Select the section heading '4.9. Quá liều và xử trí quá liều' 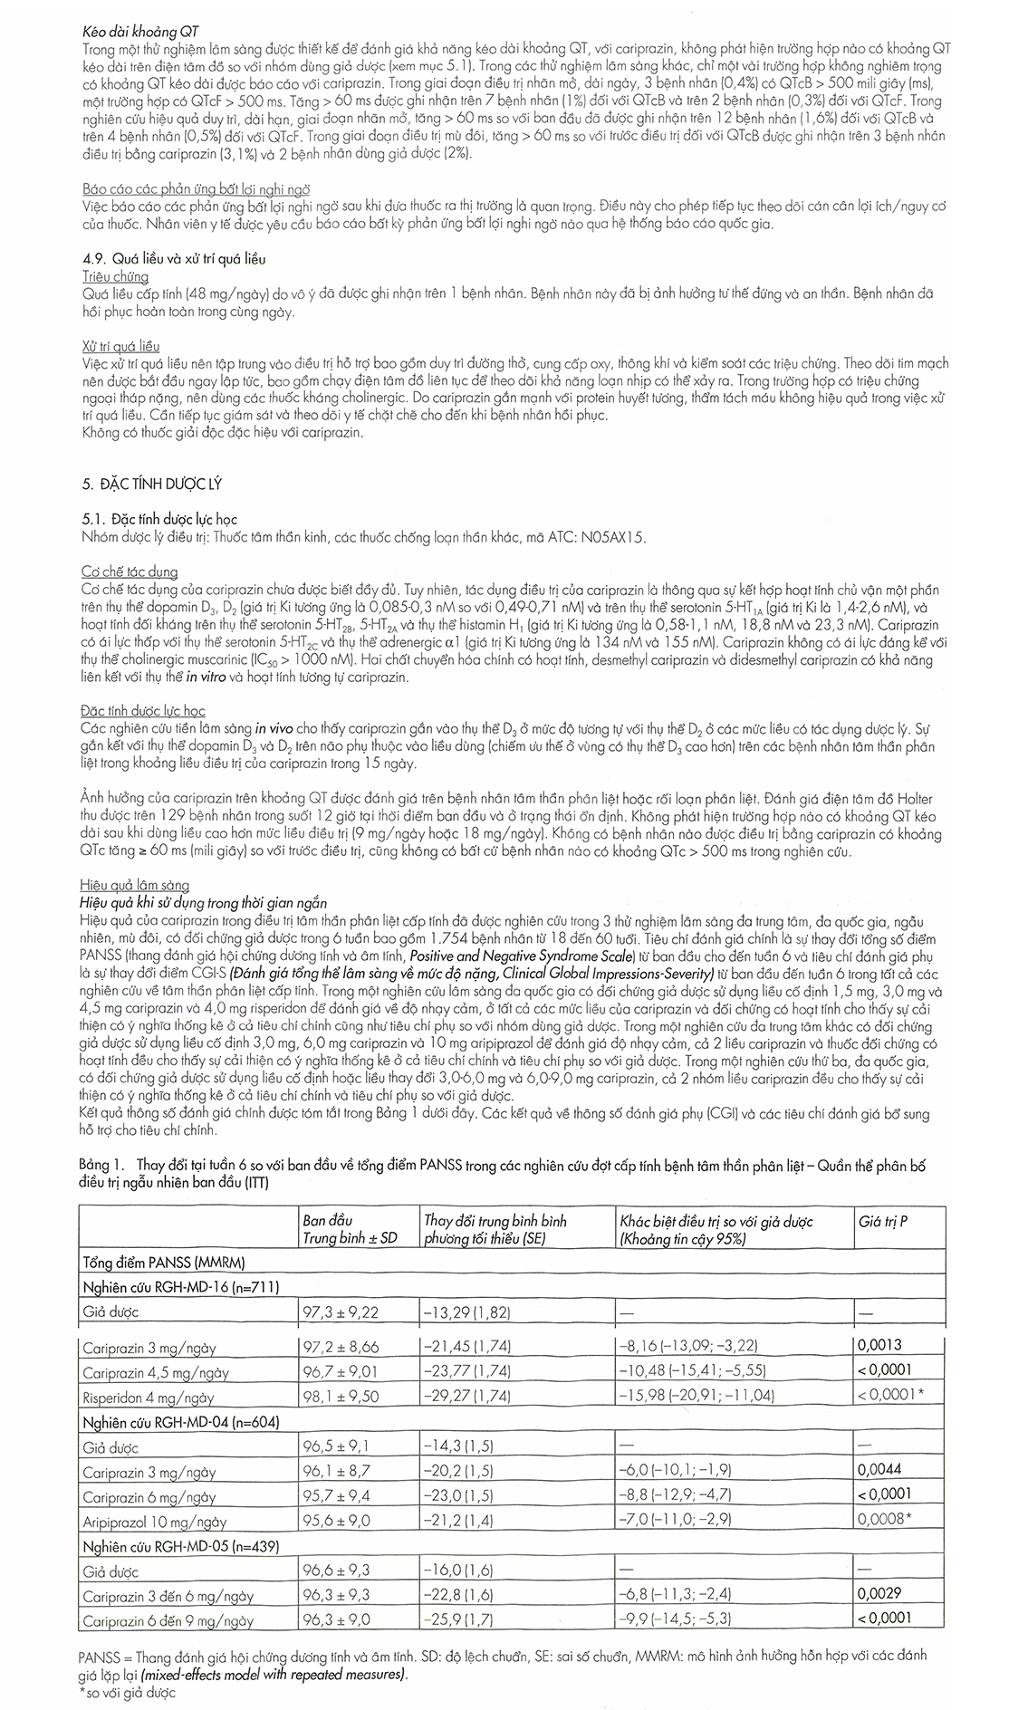(x=173, y=258)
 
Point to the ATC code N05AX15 (x=611, y=536)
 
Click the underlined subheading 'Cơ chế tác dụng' (x=130, y=572)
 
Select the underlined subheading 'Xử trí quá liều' (x=120, y=346)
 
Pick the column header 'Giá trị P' (x=883, y=1221)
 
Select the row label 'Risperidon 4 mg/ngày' (x=149, y=1397)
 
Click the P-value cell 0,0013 (x=884, y=1346)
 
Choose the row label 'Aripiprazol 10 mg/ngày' (x=155, y=1523)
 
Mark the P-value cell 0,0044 (x=884, y=1471)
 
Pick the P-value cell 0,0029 (x=884, y=1596)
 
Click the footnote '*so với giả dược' (x=128, y=1692)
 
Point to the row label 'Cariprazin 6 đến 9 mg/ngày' (x=168, y=1621)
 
